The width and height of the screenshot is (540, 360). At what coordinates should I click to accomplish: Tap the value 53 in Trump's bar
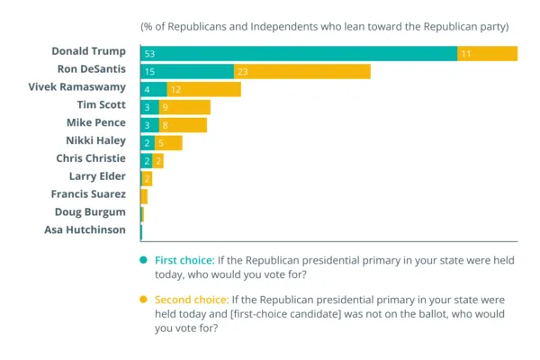[x=150, y=54]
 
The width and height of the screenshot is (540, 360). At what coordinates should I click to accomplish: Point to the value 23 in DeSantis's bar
[x=242, y=71]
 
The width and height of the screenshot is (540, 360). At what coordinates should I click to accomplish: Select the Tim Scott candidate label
[x=101, y=105]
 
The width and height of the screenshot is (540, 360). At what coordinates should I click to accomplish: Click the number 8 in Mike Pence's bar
[x=165, y=125]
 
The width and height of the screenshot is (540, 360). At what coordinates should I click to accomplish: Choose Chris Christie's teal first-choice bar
[x=147, y=160]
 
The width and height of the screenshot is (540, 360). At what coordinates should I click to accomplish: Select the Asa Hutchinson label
[x=85, y=229]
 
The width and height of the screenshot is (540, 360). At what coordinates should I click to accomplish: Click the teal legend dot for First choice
[x=143, y=260]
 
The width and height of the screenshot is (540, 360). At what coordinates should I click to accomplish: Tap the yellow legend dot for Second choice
[x=143, y=299]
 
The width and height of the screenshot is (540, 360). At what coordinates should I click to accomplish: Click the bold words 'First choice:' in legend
[x=184, y=260]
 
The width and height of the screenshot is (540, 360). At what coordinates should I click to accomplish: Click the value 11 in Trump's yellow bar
[x=466, y=54]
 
